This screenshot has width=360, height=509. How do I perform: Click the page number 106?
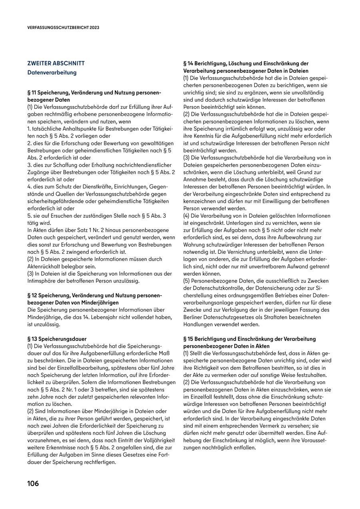pos(33,483)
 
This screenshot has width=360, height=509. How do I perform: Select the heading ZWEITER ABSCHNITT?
pos(56,63)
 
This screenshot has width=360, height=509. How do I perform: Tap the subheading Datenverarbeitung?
pos(52,73)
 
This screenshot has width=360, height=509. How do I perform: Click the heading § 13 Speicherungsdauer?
pos(57,339)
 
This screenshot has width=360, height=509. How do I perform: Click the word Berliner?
pos(194,317)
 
